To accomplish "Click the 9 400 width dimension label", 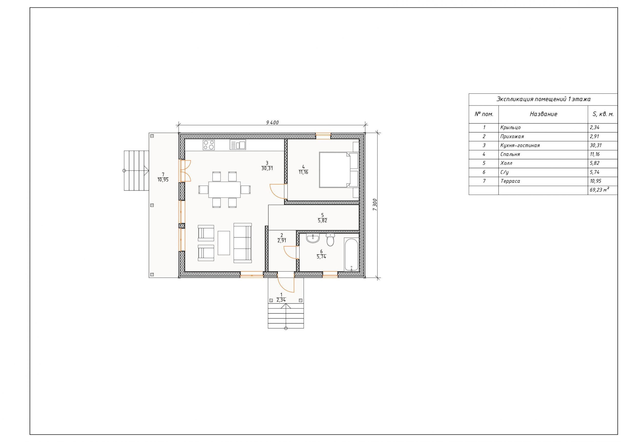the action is click(272, 123).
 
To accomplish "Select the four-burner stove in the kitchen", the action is click(209, 145).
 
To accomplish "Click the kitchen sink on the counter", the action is click(238, 145).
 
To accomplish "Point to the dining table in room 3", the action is click(225, 190).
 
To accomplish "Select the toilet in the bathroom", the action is click(330, 240).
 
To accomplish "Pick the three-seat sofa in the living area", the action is click(242, 243).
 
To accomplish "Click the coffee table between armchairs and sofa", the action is click(224, 243).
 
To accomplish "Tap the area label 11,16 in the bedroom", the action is click(303, 172).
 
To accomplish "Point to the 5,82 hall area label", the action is click(322, 221).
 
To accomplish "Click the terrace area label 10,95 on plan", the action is click(163, 180).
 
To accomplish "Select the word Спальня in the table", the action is click(510, 154).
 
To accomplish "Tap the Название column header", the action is click(543, 114).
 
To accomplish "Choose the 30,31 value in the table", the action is click(596, 145).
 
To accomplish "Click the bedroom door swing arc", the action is click(274, 191).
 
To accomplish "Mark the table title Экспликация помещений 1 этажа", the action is click(543, 99).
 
